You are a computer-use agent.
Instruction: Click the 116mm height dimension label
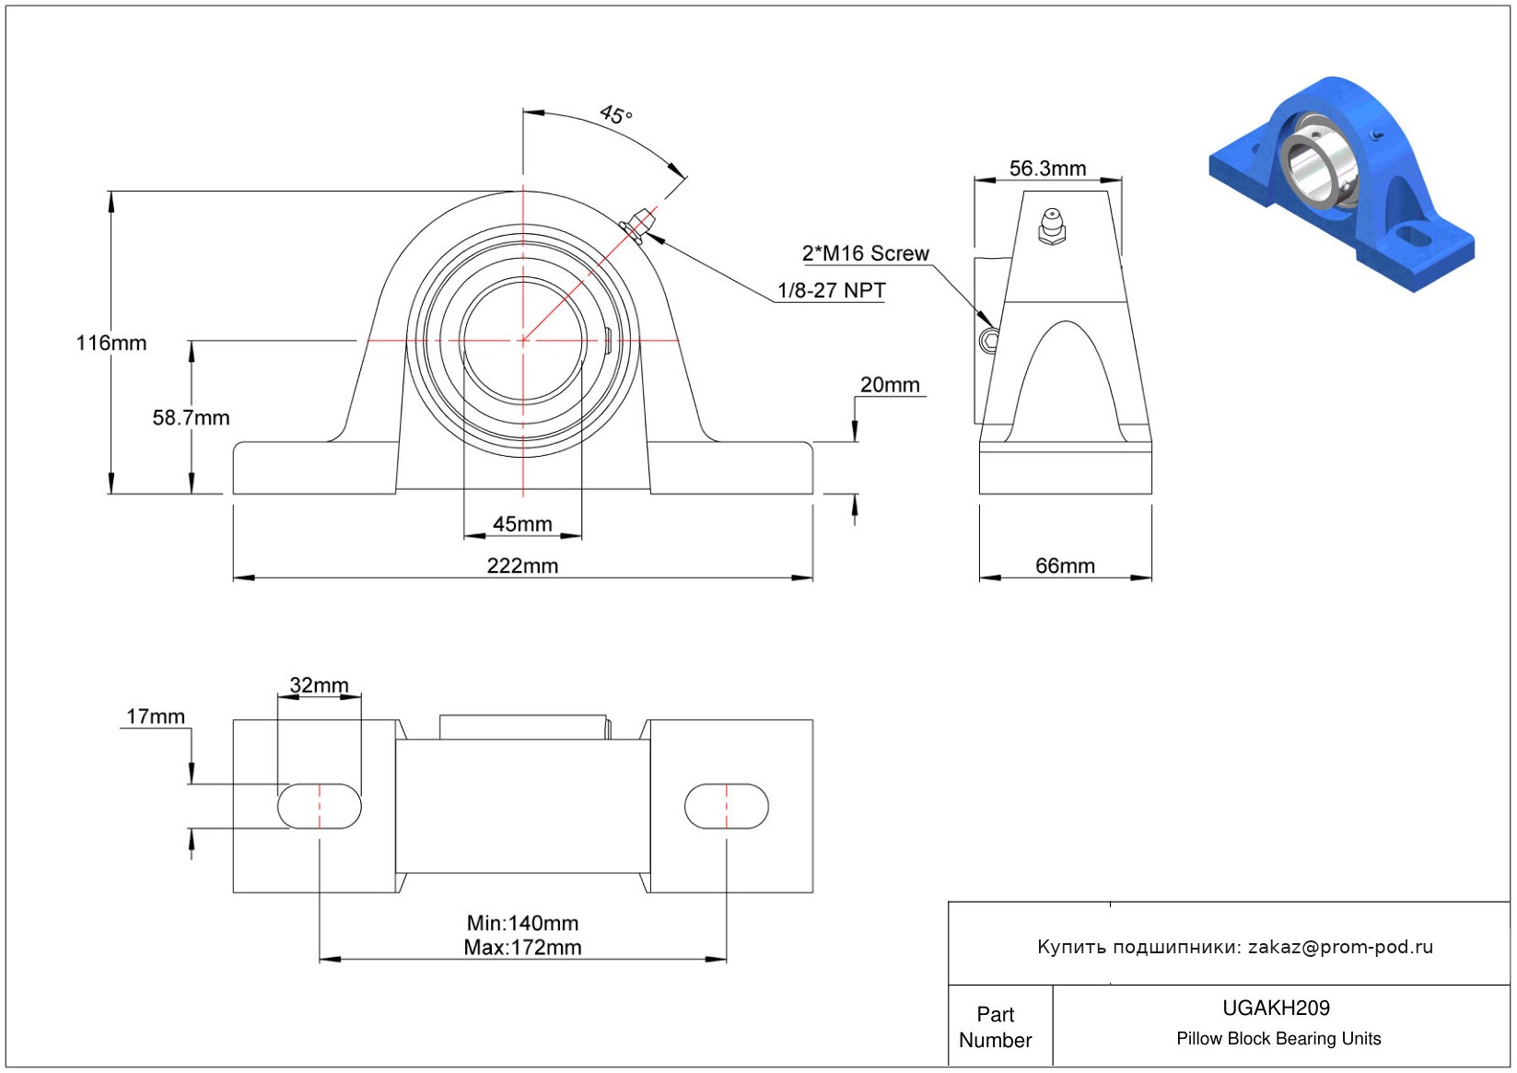click(x=111, y=343)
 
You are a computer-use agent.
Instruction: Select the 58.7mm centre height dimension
click(x=191, y=417)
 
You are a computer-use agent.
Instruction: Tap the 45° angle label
click(x=615, y=114)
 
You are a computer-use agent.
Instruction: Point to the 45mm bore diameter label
click(x=522, y=524)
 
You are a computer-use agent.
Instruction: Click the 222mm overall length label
click(x=522, y=566)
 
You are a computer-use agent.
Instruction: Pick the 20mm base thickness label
click(x=890, y=385)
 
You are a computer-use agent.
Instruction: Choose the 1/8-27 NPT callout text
click(x=831, y=291)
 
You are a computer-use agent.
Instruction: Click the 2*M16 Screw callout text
click(x=866, y=253)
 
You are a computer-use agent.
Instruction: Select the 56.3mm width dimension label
click(x=1047, y=168)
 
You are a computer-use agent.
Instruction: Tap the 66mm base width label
click(x=1065, y=566)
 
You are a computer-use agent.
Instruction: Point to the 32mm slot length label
click(x=319, y=685)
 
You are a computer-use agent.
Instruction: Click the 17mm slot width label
click(x=156, y=716)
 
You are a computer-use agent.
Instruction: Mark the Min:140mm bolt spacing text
click(x=522, y=923)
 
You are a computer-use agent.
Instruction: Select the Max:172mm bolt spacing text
click(x=522, y=947)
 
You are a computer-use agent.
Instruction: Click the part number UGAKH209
click(x=1276, y=1008)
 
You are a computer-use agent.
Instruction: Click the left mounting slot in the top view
click(x=320, y=806)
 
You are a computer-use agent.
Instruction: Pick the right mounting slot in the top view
click(x=726, y=806)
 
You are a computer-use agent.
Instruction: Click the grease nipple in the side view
click(x=1052, y=227)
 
